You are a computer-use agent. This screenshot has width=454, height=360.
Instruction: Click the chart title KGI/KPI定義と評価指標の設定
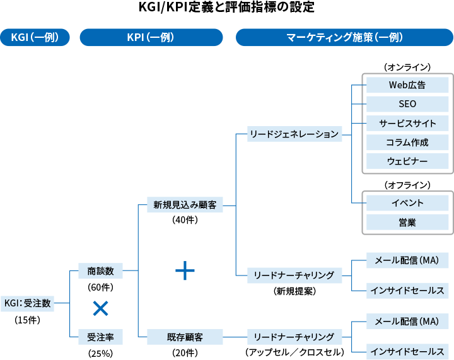226,8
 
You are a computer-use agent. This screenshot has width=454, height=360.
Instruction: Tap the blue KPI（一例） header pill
151,38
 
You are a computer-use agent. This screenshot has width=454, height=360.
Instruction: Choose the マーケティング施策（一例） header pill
344,38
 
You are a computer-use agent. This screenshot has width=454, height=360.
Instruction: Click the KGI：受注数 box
27,303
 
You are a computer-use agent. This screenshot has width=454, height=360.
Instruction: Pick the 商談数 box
100,271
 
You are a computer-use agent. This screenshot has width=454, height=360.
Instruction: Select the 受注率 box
100,336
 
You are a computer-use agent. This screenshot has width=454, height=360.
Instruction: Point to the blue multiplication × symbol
100,308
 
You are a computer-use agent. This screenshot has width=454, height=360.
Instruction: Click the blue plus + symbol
185,270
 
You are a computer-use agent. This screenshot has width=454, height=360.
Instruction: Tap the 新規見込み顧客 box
185,205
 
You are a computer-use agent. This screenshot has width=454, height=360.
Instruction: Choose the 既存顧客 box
185,336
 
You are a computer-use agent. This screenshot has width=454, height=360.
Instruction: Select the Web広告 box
407,84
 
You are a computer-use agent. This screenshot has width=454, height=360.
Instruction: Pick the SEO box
407,104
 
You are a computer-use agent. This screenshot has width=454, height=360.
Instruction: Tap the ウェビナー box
407,161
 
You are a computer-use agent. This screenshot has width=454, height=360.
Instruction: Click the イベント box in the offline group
407,203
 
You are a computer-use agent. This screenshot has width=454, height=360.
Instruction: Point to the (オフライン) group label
407,185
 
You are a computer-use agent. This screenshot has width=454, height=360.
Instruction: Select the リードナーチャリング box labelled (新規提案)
294,276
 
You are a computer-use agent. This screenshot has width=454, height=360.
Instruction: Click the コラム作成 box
407,142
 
